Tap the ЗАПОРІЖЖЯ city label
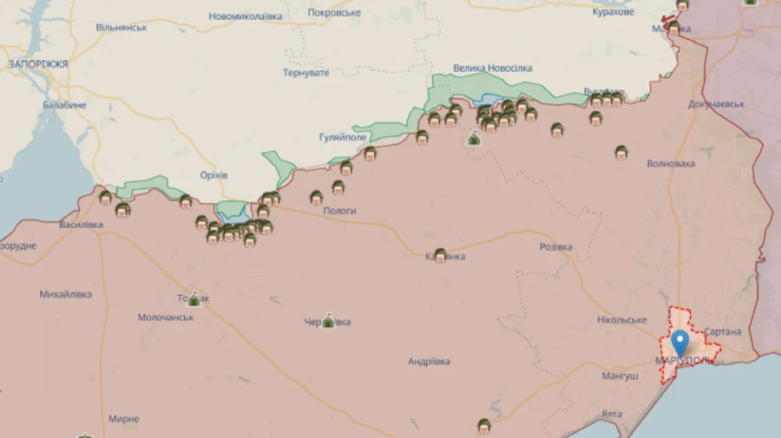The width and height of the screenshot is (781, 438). coord(38,64)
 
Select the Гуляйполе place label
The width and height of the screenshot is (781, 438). coord(344,137)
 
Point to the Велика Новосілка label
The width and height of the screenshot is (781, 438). coord(493,69)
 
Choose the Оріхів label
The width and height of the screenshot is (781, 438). coord(213,175)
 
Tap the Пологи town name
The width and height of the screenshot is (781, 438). coord(339,211)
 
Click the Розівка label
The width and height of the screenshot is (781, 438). coord(555,247)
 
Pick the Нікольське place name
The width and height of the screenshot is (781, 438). coord(621,320)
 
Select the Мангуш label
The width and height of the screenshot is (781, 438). coord(620,376)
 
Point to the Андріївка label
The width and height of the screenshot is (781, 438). coord(429,362)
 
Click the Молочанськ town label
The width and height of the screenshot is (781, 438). coord(166,317)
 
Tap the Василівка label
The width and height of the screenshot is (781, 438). coord(81,225)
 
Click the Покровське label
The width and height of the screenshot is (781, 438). coord(335,13)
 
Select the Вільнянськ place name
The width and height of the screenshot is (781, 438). coord(121,28)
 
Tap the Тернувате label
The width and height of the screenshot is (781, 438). coord(305,73)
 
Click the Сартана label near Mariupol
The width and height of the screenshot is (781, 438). coord(722,332)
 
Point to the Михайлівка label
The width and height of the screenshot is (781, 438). coord(65,294)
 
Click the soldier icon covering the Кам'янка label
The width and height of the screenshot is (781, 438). coord(440,255)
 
